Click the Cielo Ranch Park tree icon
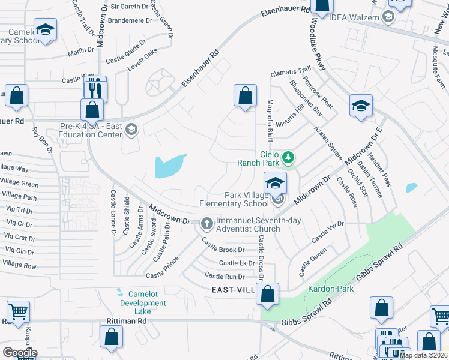pos(289,158)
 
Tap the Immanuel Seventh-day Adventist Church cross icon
pos(206,223)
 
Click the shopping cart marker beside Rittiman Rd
pos(19,311)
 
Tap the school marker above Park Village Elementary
pos(275,182)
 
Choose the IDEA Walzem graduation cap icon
pos(388,17)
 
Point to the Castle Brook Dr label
pos(223,246)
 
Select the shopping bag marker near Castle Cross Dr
pos(268,294)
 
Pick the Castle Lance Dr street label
pos(113,214)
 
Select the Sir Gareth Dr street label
pos(129,7)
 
